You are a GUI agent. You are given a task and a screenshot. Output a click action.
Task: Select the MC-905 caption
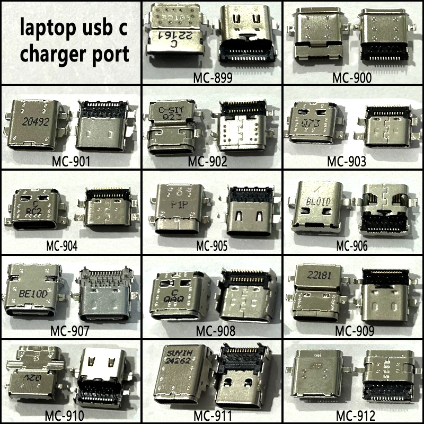point(213,246)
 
